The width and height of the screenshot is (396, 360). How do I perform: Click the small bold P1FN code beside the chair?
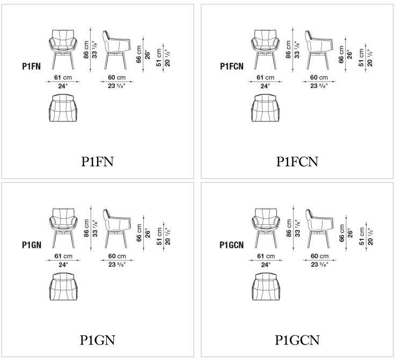click(x=31, y=67)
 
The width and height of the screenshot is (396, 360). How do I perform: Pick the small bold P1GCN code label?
click(x=232, y=245)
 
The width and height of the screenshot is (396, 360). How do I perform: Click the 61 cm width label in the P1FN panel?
click(x=63, y=77)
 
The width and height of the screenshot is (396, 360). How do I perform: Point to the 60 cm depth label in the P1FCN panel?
click(x=318, y=77)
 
